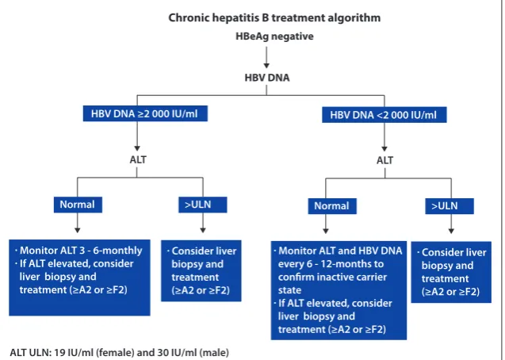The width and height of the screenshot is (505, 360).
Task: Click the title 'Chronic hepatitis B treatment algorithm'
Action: pyautogui.click(x=274, y=17)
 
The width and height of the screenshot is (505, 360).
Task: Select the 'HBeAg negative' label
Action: pyautogui.click(x=274, y=36)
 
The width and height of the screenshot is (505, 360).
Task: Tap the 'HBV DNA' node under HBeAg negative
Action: pyautogui.click(x=267, y=78)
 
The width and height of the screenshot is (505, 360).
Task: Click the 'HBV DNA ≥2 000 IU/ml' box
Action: pyautogui.click(x=145, y=113)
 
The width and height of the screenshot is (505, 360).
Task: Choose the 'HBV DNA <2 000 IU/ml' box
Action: pyautogui.click(x=384, y=115)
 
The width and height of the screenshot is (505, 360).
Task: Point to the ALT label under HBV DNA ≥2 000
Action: pyautogui.click(x=138, y=159)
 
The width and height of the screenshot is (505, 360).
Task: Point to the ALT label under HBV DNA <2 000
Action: pyautogui.click(x=384, y=160)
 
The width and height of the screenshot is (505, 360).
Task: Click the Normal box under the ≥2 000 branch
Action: pyautogui.click(x=78, y=205)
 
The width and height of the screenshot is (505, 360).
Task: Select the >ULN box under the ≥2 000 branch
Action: pyautogui.click(x=203, y=205)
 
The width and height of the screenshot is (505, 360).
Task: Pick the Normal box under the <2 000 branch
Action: pyautogui.click(x=332, y=206)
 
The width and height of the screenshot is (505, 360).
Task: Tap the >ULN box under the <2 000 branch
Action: pyautogui.click(x=450, y=206)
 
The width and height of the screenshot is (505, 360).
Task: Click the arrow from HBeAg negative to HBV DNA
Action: pyautogui.click(x=266, y=57)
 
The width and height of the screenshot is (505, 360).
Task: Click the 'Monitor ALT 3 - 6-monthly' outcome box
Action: pyautogui.click(x=79, y=278)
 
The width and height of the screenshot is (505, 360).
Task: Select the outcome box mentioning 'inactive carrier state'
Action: pyautogui.click(x=339, y=290)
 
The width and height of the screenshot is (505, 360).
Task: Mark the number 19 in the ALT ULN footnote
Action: pyautogui.click(x=59, y=353)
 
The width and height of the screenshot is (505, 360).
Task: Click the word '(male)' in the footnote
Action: pyautogui.click(x=214, y=353)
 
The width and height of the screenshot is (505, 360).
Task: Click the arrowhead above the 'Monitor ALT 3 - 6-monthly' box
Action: pyautogui.click(x=78, y=230)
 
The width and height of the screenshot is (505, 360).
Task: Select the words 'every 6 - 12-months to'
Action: pyautogui.click(x=331, y=264)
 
